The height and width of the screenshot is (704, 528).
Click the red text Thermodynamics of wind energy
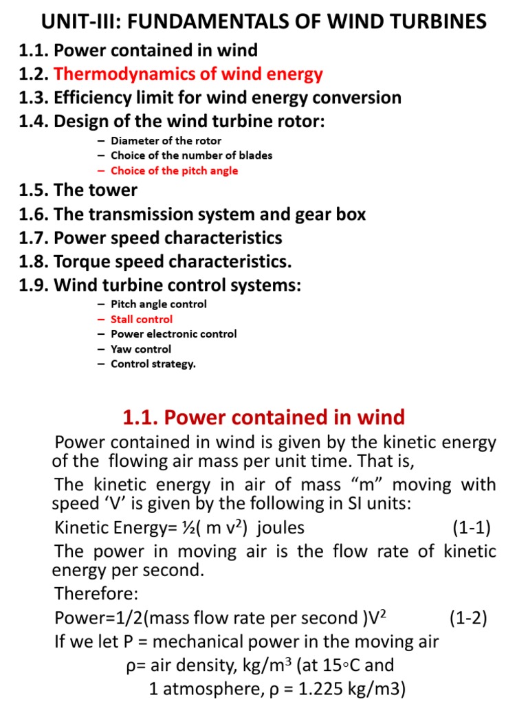point(188,74)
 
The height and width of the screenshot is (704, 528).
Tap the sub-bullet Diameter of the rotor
point(166,140)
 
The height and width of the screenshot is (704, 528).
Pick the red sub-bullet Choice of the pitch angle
point(174,170)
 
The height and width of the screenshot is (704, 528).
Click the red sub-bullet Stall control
point(142,319)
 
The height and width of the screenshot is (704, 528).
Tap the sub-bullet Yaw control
point(141,349)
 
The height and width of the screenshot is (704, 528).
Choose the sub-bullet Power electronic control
point(173,333)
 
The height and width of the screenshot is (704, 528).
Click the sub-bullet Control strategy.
point(153,364)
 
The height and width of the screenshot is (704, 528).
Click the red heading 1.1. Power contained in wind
point(263,417)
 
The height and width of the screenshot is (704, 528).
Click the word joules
point(281,528)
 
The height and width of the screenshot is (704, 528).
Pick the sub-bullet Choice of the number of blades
point(191,155)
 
